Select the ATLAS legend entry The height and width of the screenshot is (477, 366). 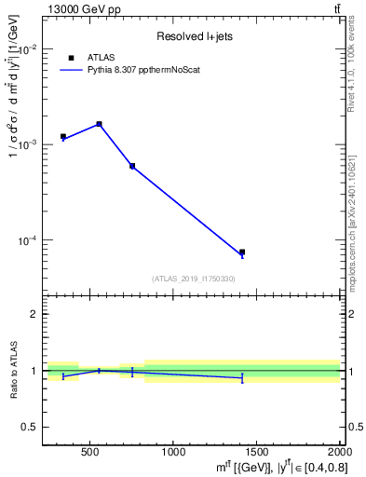tap(100, 58)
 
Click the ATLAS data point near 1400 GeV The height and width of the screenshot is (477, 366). tap(242, 252)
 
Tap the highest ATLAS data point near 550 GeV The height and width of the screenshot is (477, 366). tap(100, 124)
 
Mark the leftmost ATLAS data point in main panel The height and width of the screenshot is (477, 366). tap(63, 137)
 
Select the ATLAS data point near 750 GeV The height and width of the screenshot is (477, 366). tap(132, 166)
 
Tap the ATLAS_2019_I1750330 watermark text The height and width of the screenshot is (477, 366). tap(193, 279)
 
